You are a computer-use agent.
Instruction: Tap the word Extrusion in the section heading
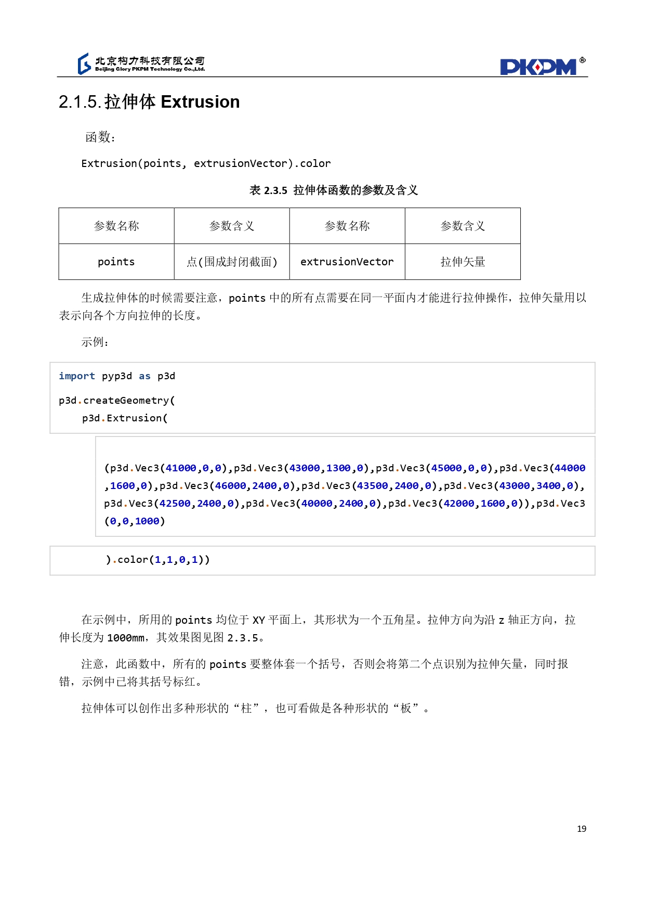coord(200,102)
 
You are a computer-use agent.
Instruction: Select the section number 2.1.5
coord(80,102)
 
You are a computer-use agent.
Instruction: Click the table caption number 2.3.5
coord(275,190)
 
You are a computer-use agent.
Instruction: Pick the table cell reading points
coord(116,262)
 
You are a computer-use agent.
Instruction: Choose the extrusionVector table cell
coord(347,262)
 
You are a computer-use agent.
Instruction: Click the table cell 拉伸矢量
coord(463,262)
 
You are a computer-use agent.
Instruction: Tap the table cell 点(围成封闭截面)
coord(232,262)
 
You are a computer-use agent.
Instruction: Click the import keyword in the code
coord(77,376)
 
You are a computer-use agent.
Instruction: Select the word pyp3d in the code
coord(117,376)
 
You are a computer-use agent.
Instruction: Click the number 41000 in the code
coord(181,468)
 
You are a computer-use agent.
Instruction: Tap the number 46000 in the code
coord(231,486)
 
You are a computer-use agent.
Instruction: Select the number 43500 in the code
coord(372,486)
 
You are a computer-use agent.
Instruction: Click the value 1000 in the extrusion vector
coord(147,521)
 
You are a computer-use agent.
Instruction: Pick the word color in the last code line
coord(133,560)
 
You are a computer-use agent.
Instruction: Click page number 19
coord(582,829)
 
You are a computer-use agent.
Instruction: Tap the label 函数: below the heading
coord(100,137)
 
